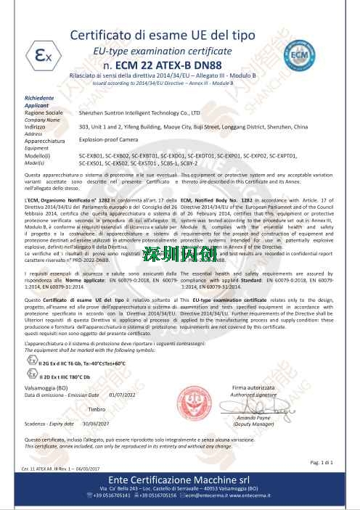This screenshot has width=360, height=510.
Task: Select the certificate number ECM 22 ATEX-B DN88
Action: tap(181, 69)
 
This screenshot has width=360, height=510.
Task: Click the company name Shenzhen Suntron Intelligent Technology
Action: tap(139, 114)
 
